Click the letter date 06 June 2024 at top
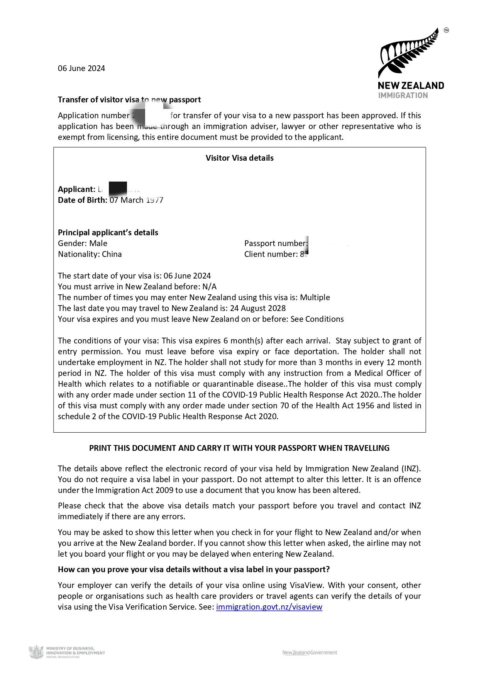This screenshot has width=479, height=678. click(x=81, y=68)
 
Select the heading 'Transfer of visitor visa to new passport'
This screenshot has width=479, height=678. click(x=129, y=100)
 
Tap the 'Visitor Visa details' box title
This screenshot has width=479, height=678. click(x=239, y=158)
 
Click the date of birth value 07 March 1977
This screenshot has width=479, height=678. click(x=136, y=200)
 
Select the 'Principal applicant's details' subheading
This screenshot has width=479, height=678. click(x=108, y=233)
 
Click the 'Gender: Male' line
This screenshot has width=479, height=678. click(x=83, y=243)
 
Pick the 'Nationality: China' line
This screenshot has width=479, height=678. click(x=90, y=254)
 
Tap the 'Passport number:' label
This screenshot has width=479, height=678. click(x=276, y=243)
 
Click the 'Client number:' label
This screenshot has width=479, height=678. click(x=271, y=254)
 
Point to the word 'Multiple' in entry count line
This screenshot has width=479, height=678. click(x=315, y=297)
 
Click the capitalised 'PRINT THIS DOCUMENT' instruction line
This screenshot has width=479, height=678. click(x=239, y=448)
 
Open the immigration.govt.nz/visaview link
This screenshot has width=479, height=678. click(x=269, y=607)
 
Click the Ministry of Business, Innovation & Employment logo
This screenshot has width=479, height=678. click(x=67, y=653)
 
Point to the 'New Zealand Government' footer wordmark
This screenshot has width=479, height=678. click(x=310, y=653)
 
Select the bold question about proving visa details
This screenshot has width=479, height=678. click(x=194, y=569)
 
